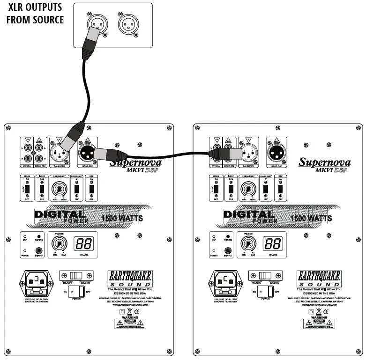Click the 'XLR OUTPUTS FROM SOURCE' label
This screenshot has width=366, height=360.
35,14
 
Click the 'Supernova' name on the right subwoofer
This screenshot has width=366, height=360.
324,162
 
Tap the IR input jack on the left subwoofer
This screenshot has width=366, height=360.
39,251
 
